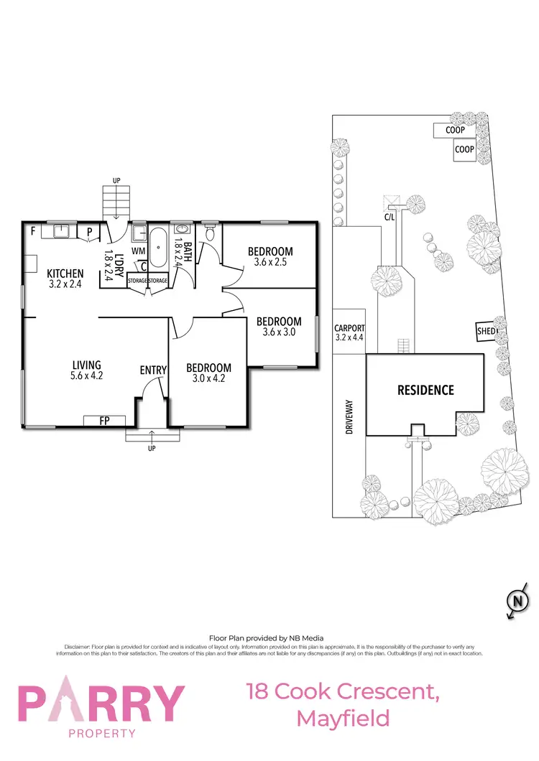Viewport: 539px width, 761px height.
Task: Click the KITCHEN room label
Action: [65, 274]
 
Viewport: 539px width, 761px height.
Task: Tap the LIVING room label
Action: [86, 365]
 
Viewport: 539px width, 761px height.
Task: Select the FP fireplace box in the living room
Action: [104, 421]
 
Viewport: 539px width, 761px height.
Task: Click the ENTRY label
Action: [153, 370]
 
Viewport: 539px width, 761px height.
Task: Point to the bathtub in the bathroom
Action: [158, 247]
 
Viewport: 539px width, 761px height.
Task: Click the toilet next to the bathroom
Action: [210, 233]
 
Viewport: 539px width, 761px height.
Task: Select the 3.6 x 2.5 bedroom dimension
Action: [270, 263]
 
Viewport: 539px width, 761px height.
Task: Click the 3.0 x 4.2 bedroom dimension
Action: [208, 379]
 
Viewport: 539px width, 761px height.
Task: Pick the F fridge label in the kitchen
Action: [32, 231]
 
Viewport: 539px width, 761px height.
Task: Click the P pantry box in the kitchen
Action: [89, 232]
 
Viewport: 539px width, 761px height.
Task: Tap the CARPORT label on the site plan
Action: [350, 329]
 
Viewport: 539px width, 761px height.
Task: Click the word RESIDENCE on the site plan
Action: [426, 391]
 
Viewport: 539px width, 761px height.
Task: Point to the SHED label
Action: [487, 331]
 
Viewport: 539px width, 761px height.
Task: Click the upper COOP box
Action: [454, 131]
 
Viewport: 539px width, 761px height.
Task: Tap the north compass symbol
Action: [515, 601]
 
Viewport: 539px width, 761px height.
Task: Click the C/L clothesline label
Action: [390, 215]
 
